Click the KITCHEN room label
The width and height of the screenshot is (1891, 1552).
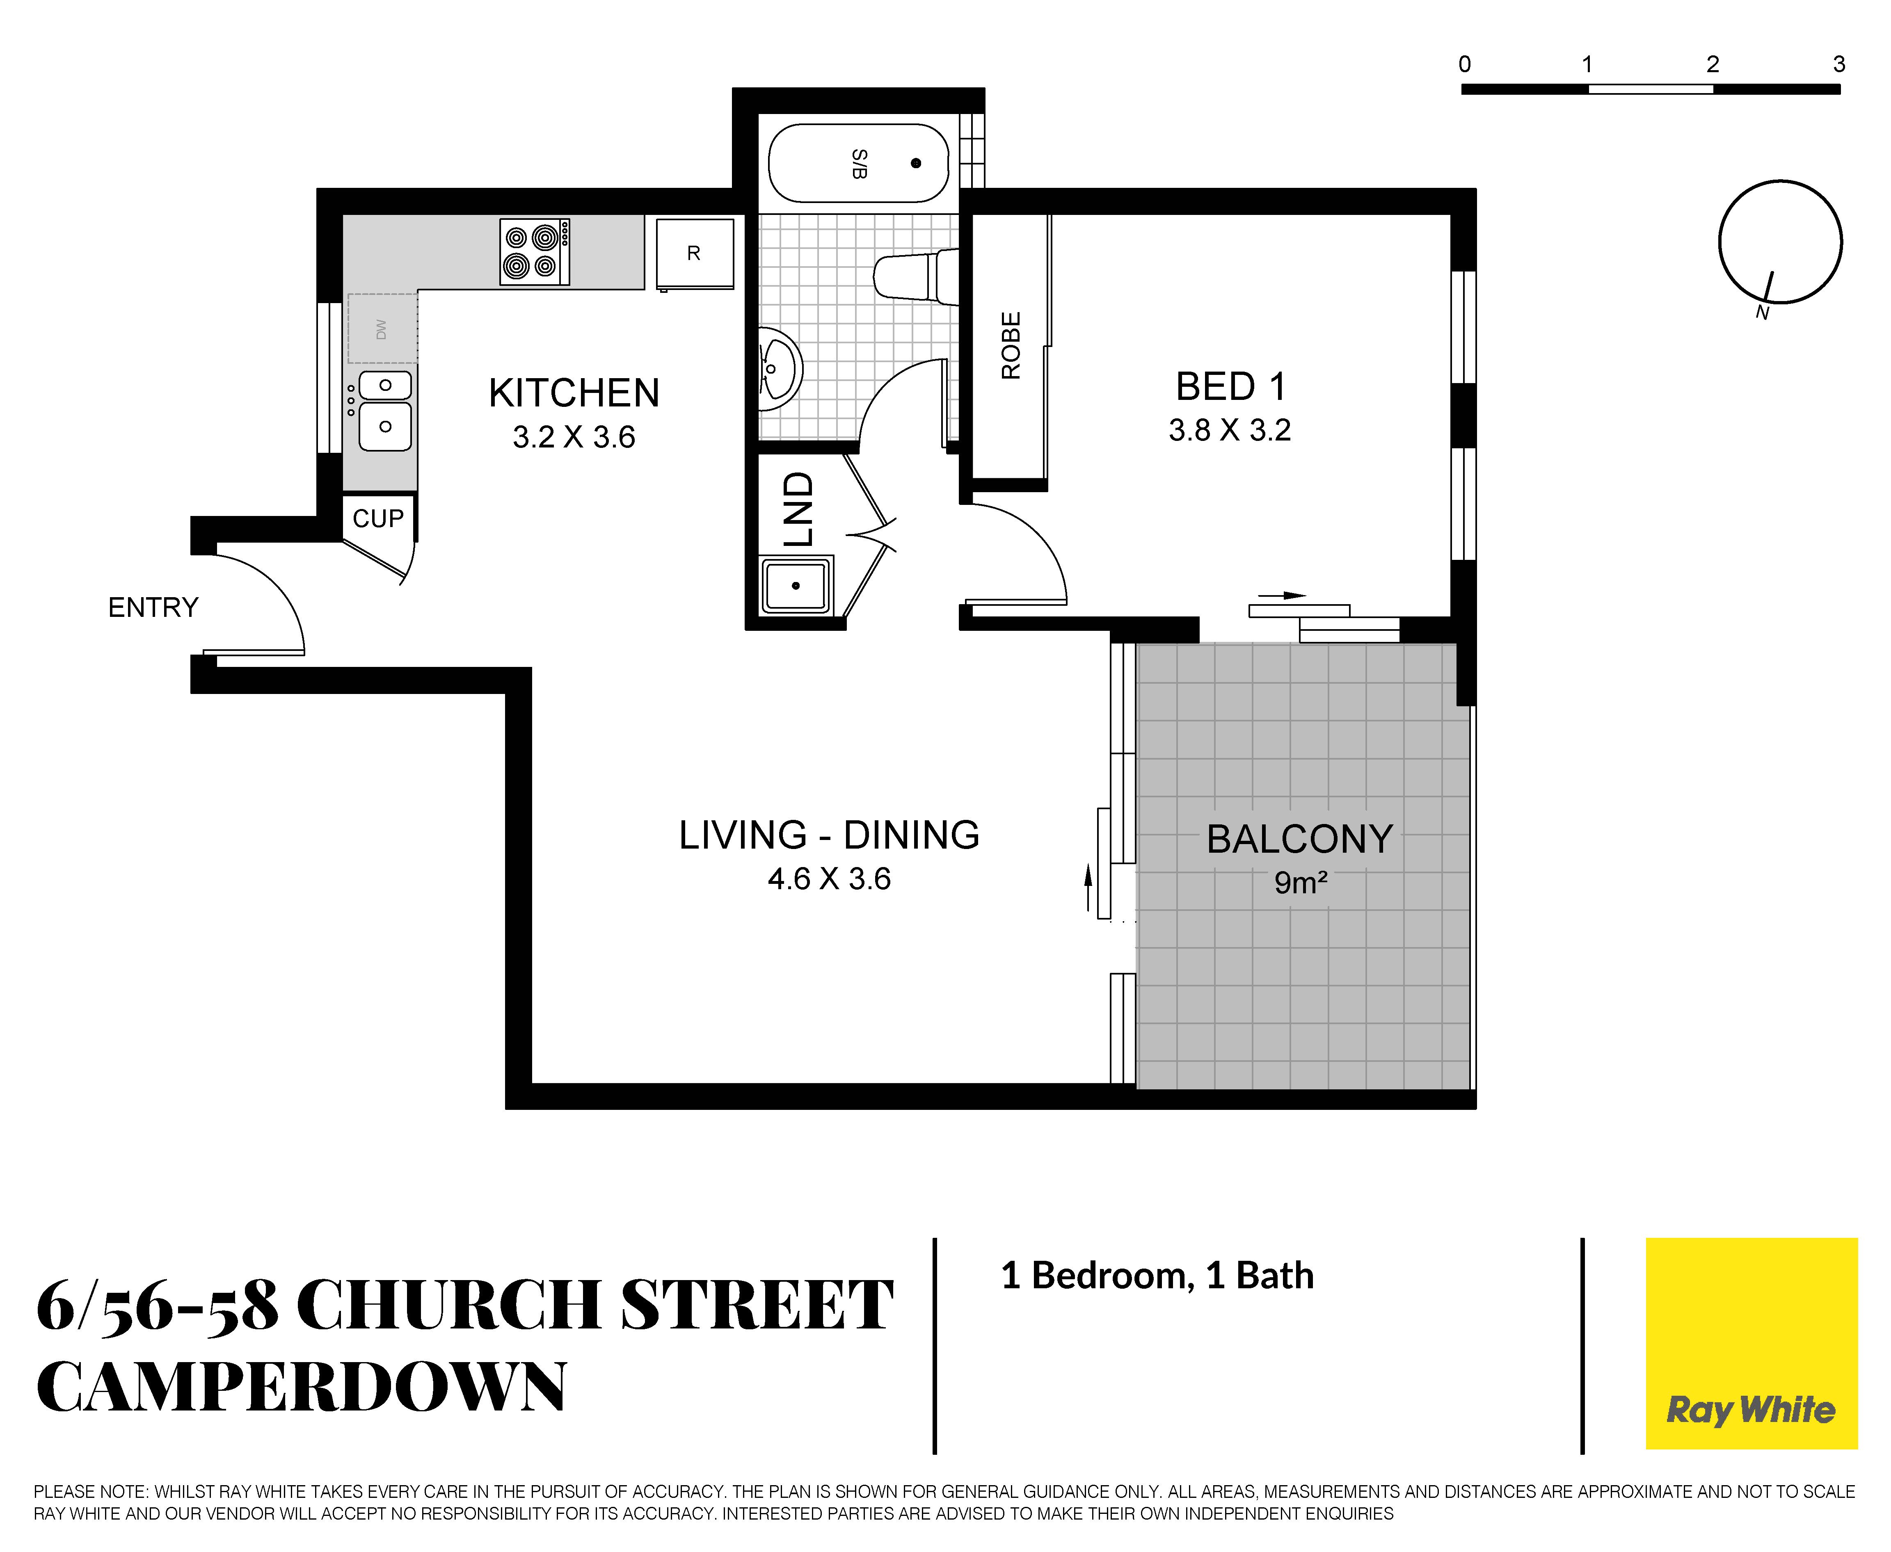click(x=574, y=393)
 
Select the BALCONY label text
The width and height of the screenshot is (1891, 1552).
click(x=1300, y=840)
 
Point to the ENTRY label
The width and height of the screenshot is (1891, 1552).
click(x=153, y=607)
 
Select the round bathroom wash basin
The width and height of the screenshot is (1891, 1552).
click(x=780, y=368)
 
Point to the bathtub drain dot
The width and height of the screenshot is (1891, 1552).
click(x=915, y=163)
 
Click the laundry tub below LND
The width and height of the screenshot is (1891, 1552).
click(x=796, y=586)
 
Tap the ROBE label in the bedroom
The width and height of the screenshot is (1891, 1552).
click(x=1010, y=346)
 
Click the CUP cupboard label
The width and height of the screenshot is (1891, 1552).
click(x=378, y=518)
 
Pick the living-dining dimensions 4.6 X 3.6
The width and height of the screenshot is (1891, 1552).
click(x=830, y=879)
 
